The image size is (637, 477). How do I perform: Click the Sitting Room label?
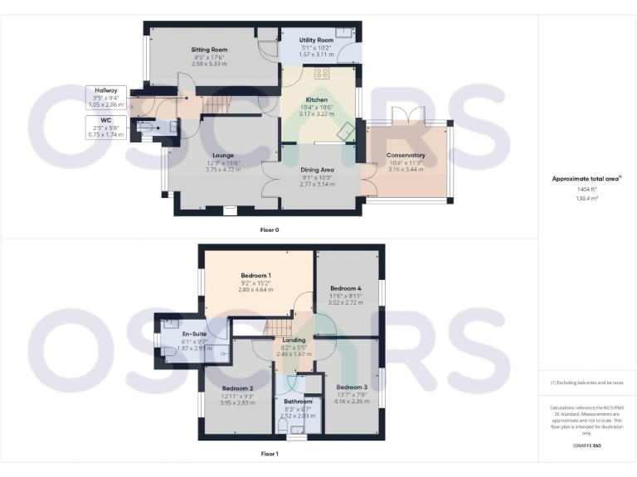pos(209,50)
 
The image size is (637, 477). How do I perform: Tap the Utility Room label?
pos(317,40)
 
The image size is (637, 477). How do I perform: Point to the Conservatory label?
pos(406,155)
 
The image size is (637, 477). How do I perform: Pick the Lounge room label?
pos(222,155)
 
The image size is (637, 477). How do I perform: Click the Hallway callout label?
pos(106,90)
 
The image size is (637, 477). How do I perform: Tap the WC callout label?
pos(106,120)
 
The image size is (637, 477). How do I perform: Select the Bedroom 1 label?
pos(256,275)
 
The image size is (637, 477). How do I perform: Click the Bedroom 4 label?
pos(346,288)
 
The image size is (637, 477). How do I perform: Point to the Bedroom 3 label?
pos(352,387)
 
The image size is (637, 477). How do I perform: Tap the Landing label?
pos(294,340)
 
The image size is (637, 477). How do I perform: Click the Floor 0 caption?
pos(270,229)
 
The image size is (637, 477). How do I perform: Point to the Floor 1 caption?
pos(270,454)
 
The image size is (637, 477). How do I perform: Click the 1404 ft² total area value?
pos(586,190)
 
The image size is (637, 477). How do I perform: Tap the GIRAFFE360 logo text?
pos(586,447)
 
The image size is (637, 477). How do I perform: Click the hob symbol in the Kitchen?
pos(322,74)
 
